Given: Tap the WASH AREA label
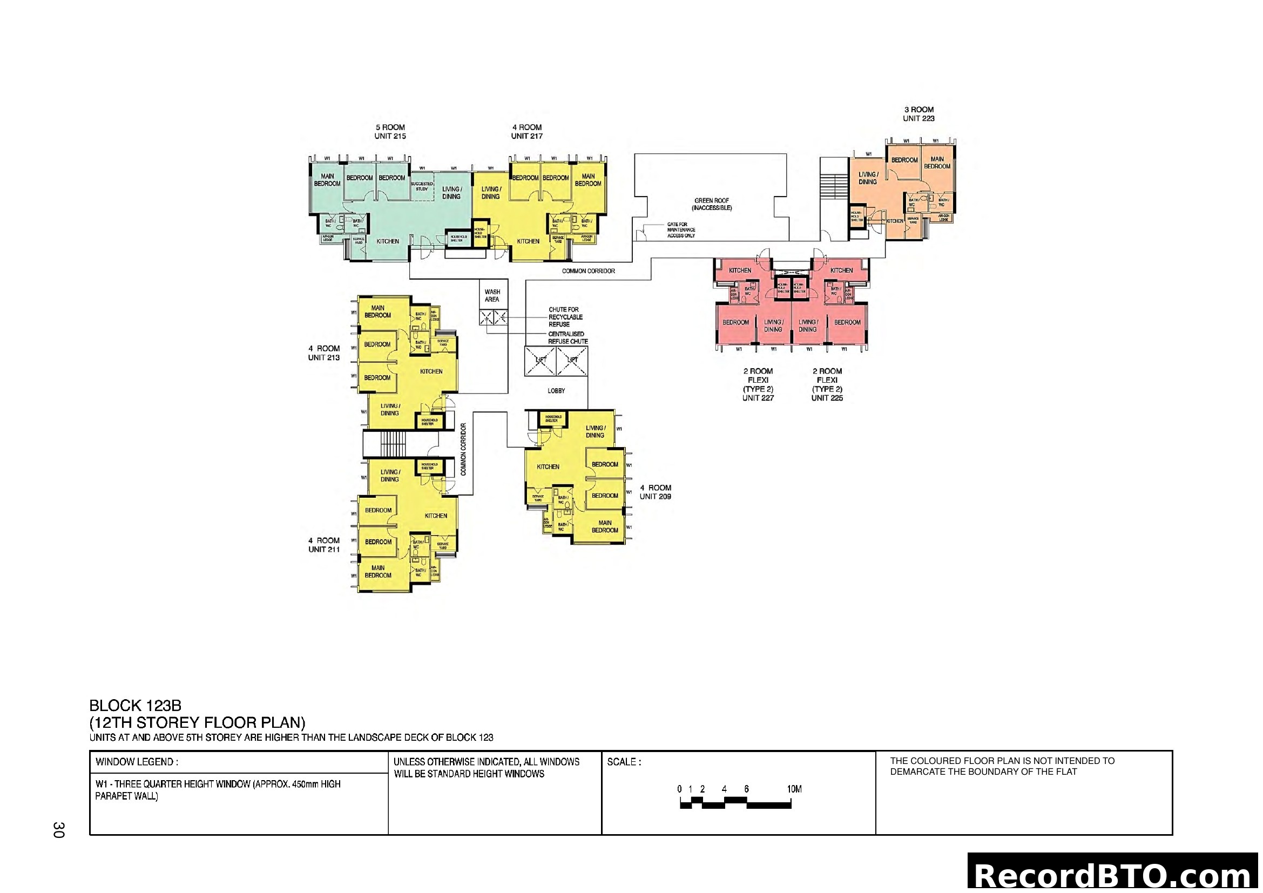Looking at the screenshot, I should (492, 296).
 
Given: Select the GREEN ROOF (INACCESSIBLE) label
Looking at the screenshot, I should (712, 205).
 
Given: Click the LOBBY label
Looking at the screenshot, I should (556, 390).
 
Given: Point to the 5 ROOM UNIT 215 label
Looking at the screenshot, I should (390, 131).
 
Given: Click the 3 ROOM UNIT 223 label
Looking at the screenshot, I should (918, 114).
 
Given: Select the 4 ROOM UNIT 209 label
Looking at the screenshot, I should (655, 492).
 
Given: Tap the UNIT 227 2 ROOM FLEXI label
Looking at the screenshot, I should (758, 384).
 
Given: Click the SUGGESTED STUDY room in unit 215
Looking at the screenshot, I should (422, 186).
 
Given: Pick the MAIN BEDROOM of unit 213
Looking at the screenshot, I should (377, 311).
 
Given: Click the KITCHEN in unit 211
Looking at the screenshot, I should (436, 515).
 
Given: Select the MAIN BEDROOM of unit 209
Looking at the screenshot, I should (605, 526).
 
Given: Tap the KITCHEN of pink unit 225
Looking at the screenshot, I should (841, 270).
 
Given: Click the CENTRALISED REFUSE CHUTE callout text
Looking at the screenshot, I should (568, 337).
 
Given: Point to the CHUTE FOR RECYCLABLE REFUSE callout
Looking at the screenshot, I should (565, 317).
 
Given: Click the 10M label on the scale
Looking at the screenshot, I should (794, 789).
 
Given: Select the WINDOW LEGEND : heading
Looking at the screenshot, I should (137, 762).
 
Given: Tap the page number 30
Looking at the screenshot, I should (59, 830).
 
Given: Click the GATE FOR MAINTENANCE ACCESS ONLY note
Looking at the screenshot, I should (681, 230).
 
